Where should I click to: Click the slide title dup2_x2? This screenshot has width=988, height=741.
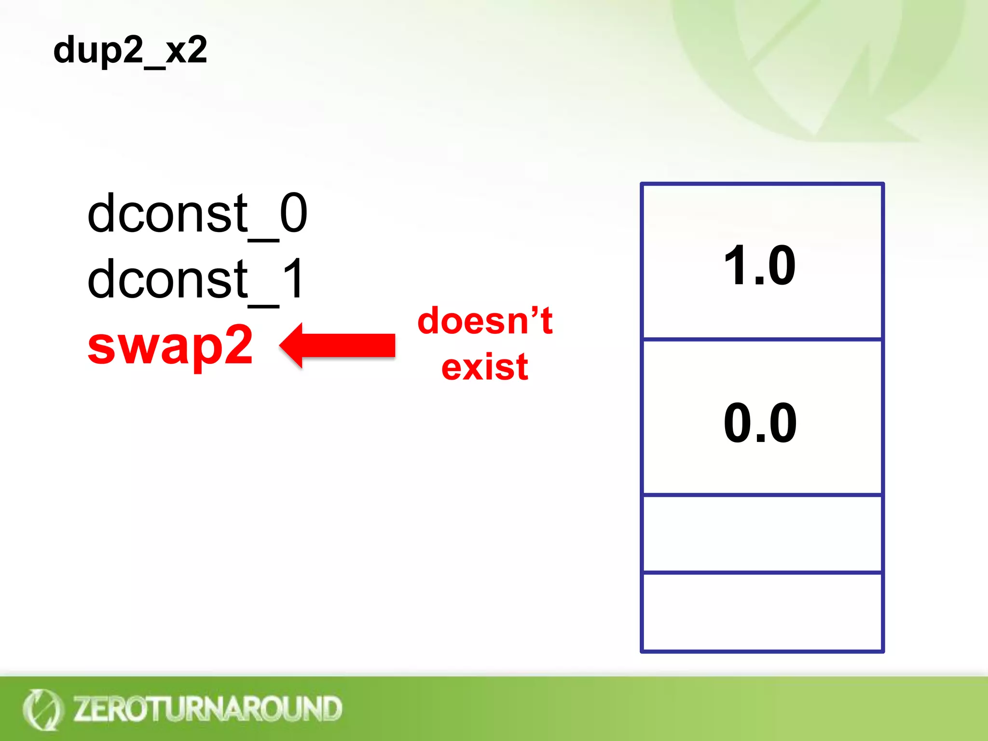(130, 50)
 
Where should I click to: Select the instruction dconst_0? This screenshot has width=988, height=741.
(197, 213)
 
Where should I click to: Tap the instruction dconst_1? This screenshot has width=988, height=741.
(195, 279)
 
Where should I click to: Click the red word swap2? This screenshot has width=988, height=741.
(170, 345)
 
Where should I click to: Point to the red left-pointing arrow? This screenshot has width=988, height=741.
(338, 345)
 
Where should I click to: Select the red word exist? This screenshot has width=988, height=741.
(485, 367)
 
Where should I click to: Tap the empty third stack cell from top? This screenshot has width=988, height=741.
(762, 534)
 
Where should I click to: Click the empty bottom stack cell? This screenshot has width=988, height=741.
(762, 612)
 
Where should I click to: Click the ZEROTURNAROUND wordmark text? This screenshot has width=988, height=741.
(207, 709)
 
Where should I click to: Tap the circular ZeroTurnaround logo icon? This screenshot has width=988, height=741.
(42, 709)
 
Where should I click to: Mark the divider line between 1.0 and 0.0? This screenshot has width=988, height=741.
(762, 340)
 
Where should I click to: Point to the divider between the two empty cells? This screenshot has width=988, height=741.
(762, 573)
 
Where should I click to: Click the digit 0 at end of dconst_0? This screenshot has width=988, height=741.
(293, 213)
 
